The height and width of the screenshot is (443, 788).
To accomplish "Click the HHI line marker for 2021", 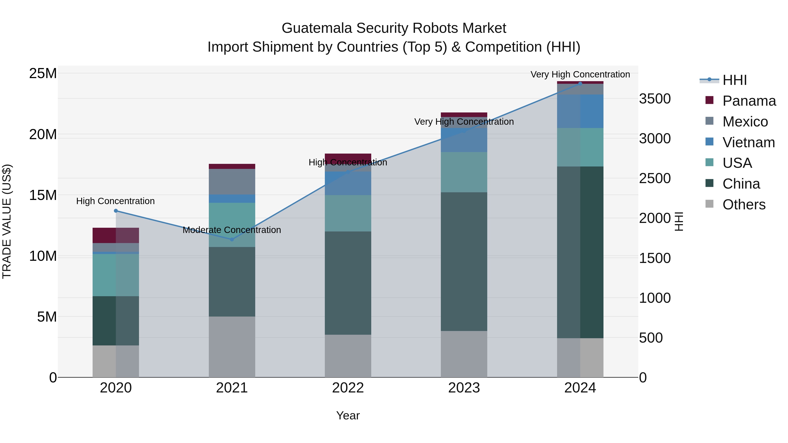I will click(x=232, y=239).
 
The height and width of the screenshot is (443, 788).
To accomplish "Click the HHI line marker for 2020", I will click(x=116, y=211).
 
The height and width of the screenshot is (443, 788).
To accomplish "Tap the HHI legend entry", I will click(x=734, y=80).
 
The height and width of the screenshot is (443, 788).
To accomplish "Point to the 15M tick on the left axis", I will click(x=43, y=195).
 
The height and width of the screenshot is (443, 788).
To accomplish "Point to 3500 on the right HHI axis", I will click(x=655, y=99).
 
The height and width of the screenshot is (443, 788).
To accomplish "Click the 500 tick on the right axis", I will click(x=651, y=338).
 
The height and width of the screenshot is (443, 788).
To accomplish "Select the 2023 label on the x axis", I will click(x=464, y=388).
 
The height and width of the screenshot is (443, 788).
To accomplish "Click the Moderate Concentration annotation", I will click(x=232, y=230).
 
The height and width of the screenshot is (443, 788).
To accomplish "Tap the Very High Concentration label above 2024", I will click(x=580, y=74).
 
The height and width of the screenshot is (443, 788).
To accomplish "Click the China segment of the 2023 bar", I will click(x=464, y=261).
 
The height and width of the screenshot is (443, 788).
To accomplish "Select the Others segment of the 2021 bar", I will click(x=232, y=347).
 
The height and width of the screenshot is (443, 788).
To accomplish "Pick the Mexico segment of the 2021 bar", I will click(x=232, y=182).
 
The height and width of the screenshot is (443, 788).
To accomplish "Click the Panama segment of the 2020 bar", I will click(x=116, y=235).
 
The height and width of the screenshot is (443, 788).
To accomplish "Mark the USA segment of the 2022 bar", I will click(x=348, y=213).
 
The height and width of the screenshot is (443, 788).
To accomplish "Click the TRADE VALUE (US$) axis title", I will click(x=7, y=221).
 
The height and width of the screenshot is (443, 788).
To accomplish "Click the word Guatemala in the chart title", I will click(x=317, y=28).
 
